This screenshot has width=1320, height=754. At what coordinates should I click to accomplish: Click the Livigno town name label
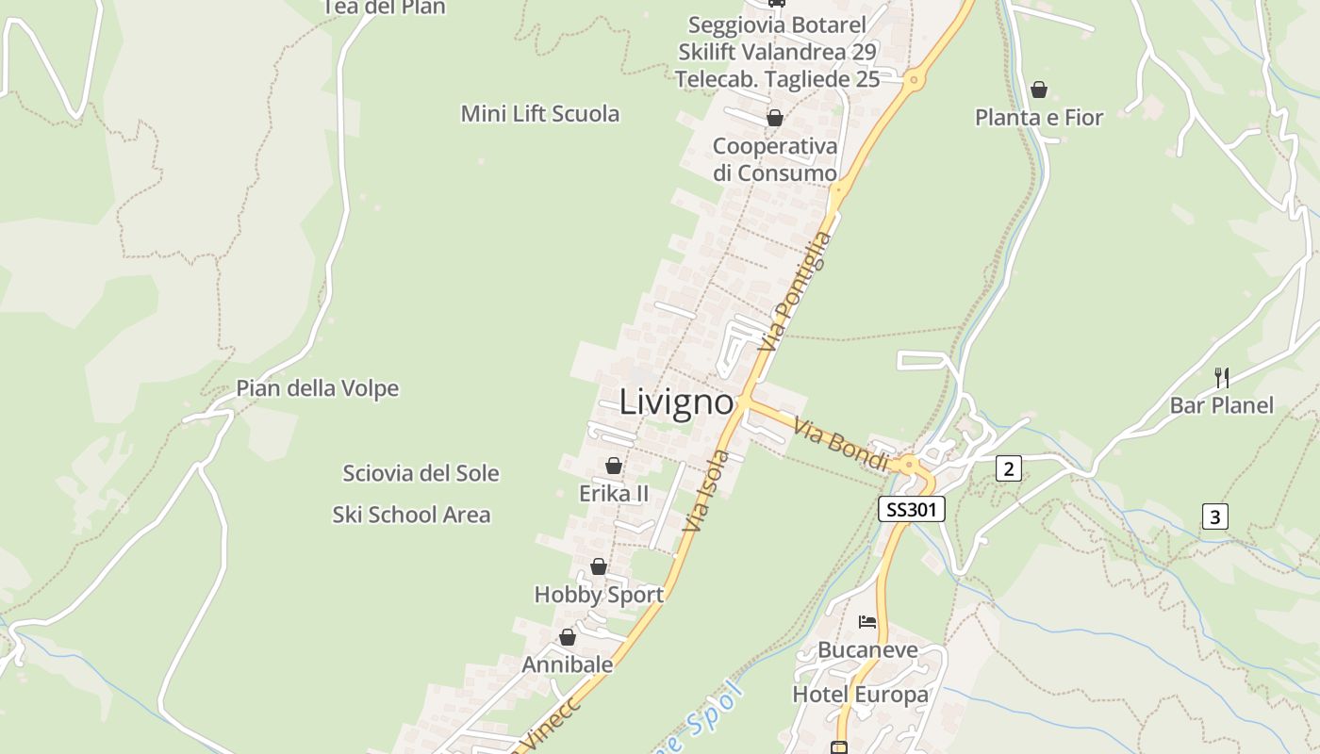coord(676,403)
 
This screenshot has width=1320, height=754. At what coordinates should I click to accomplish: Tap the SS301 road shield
coord(911,510)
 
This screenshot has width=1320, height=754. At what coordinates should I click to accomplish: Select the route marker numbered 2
coord(1009,468)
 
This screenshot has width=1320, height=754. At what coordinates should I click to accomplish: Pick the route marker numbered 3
coord(1215,516)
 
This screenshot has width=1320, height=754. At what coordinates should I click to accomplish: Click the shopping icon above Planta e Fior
coord(1038,90)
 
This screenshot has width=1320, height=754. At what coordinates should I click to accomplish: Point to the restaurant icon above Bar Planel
coord(1222,378)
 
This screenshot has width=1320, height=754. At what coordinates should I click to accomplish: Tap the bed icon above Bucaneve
coord(867,622)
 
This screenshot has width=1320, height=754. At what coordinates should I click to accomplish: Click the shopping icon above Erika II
coord(614,466)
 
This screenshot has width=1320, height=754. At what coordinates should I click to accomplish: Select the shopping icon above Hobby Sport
coord(599,566)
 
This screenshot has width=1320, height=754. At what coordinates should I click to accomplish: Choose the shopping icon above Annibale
coord(568,638)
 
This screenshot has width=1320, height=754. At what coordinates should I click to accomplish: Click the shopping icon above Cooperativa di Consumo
coord(775,118)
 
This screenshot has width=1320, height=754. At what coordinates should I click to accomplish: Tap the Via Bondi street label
coord(841,446)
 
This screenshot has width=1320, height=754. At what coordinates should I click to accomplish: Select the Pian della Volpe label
coord(317,388)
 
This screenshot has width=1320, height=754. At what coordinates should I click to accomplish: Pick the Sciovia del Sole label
coord(421,473)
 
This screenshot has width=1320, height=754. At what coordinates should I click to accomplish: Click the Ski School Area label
coord(411,515)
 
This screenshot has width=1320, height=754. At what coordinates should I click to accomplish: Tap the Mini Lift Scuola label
coord(540,114)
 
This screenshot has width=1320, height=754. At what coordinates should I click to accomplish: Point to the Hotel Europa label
coord(860,696)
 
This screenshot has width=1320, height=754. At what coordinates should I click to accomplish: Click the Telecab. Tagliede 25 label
coord(777,79)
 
